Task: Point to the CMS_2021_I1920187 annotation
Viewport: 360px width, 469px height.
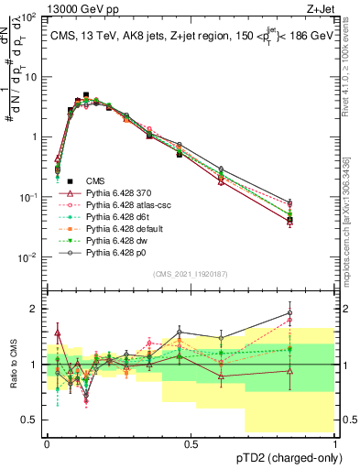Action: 190,272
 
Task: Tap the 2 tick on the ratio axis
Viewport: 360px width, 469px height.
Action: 37,309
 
